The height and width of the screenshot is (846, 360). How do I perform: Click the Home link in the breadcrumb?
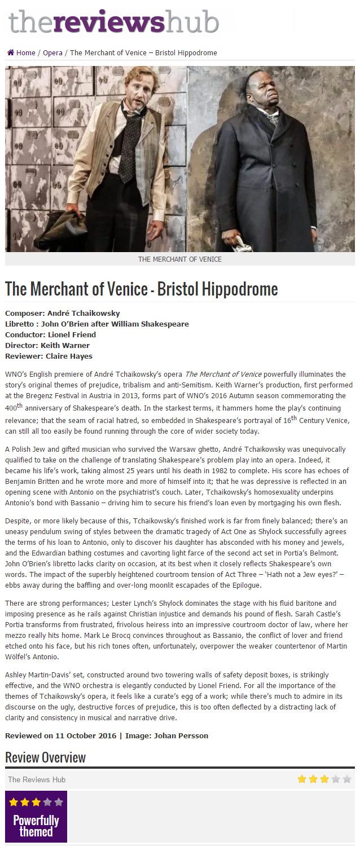[25, 53]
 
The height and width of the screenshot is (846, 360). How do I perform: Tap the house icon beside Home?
[11, 52]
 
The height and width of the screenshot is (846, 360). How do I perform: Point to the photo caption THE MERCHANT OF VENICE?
[180, 259]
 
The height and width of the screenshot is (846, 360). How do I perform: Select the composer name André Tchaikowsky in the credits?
[84, 313]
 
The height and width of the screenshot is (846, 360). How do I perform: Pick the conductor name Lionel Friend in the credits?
[72, 334]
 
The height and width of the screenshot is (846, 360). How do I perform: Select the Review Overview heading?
[45, 757]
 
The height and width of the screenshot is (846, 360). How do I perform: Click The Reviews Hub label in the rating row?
[37, 779]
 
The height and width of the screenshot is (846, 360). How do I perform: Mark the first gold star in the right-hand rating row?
[302, 779]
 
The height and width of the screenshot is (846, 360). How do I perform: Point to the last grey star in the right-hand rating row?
[346, 779]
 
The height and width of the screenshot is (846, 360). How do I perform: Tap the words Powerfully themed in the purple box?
[36, 826]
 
